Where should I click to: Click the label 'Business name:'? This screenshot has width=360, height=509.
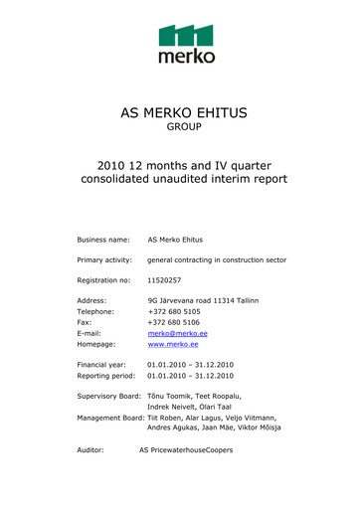tap(104, 241)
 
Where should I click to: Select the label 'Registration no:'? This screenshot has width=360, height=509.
tap(105, 281)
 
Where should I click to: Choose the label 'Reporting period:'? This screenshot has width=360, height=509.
tap(106, 377)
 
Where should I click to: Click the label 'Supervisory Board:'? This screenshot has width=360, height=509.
tap(109, 397)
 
